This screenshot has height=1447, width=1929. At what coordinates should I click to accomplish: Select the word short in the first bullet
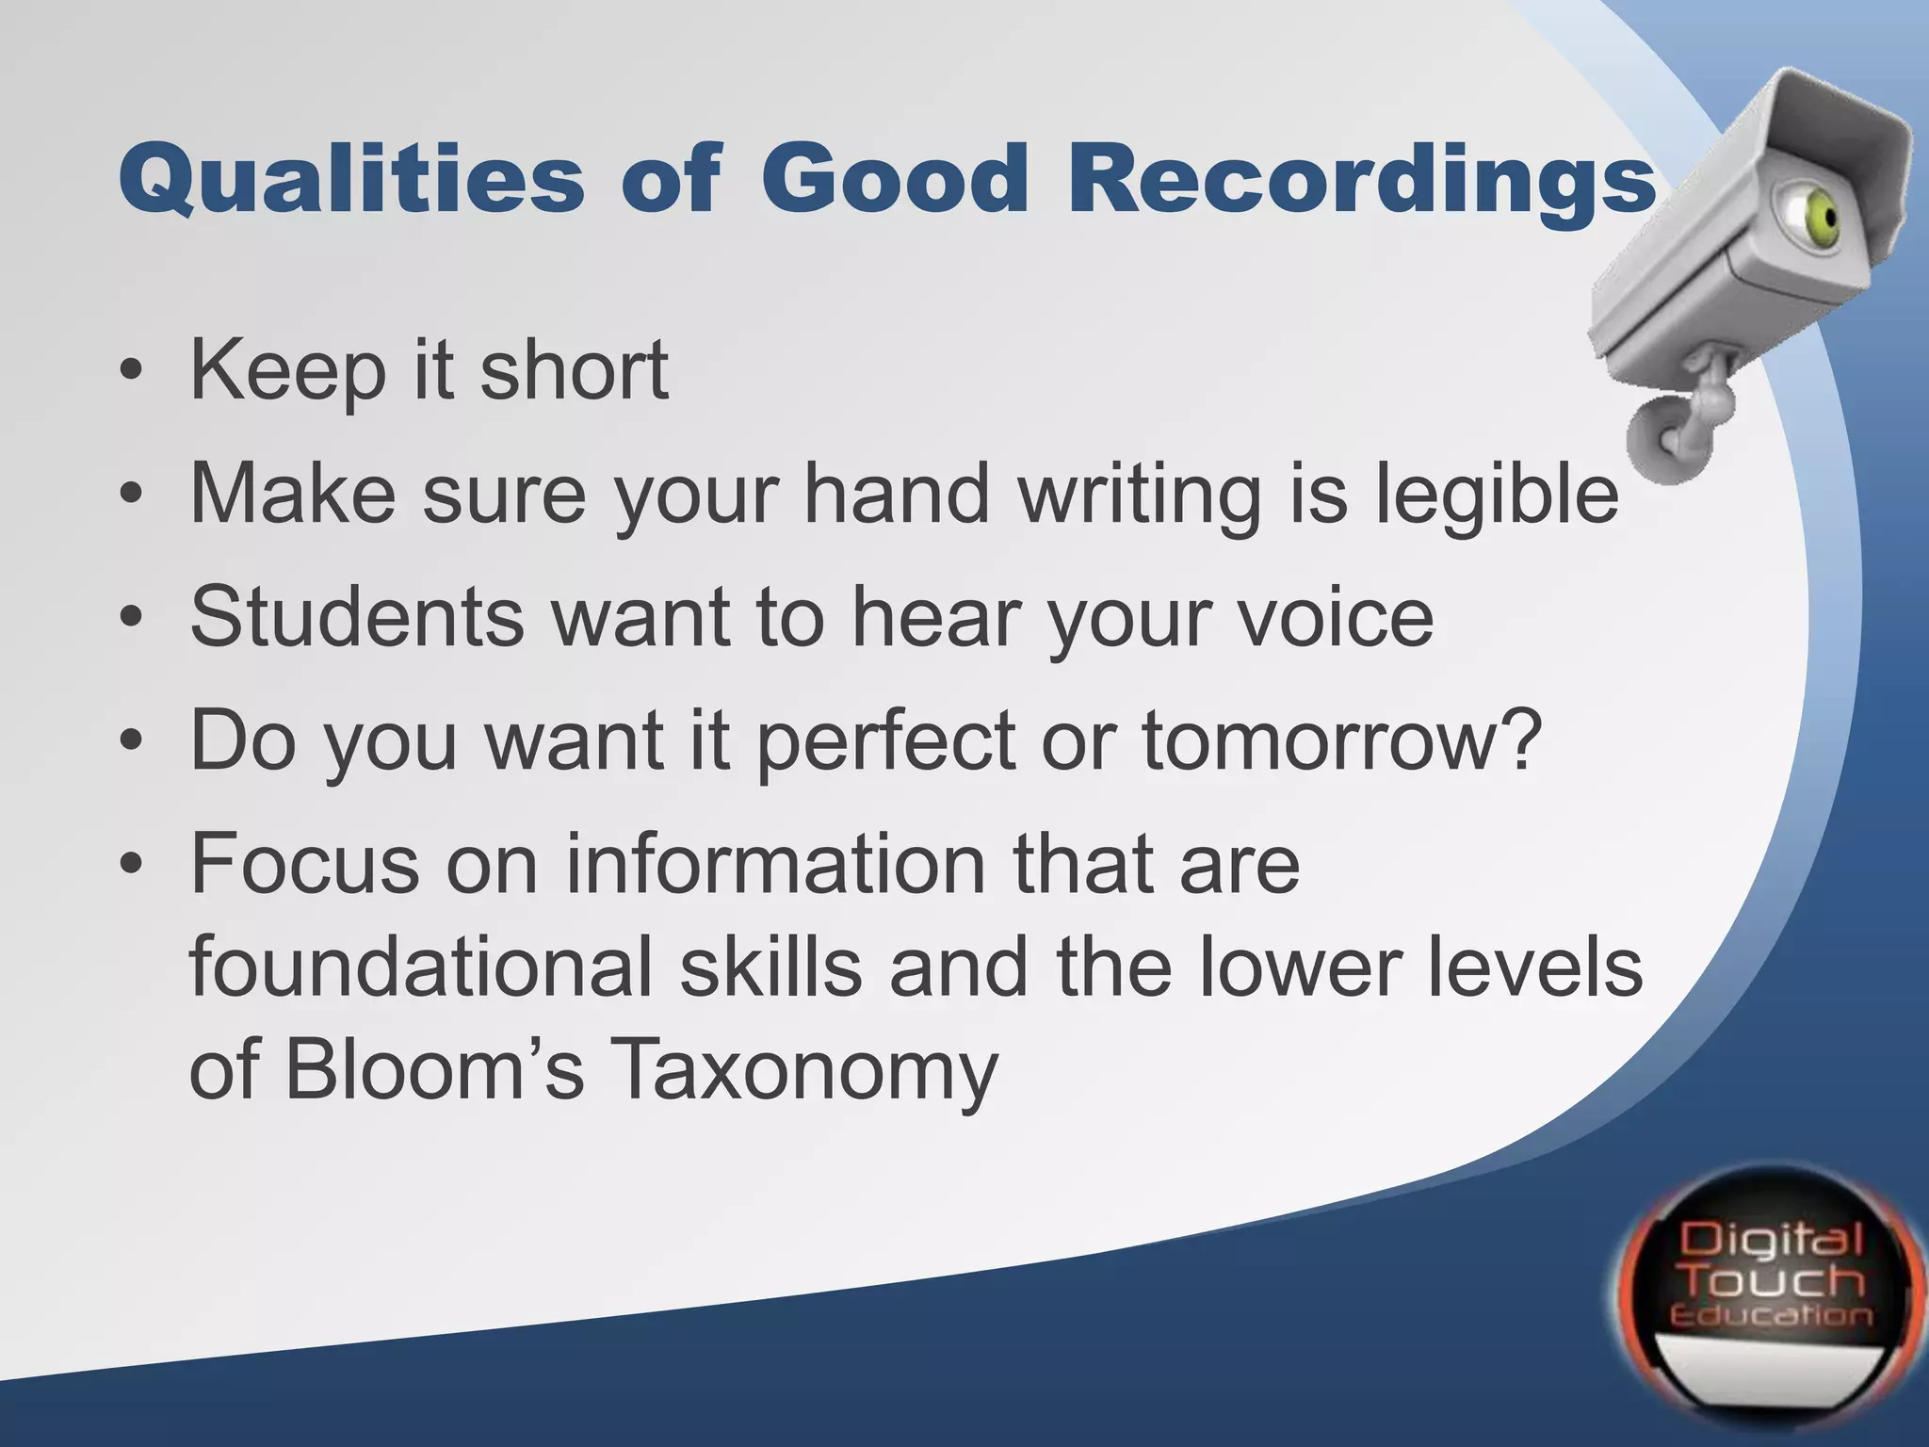(x=575, y=370)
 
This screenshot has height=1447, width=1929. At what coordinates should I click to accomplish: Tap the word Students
(x=357, y=617)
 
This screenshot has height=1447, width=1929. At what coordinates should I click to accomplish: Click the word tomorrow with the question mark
(x=1342, y=741)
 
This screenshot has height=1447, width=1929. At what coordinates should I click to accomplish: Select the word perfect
(x=884, y=741)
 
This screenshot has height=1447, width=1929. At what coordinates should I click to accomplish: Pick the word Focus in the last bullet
(x=304, y=864)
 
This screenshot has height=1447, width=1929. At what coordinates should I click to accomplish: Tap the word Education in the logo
(x=1772, y=1315)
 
